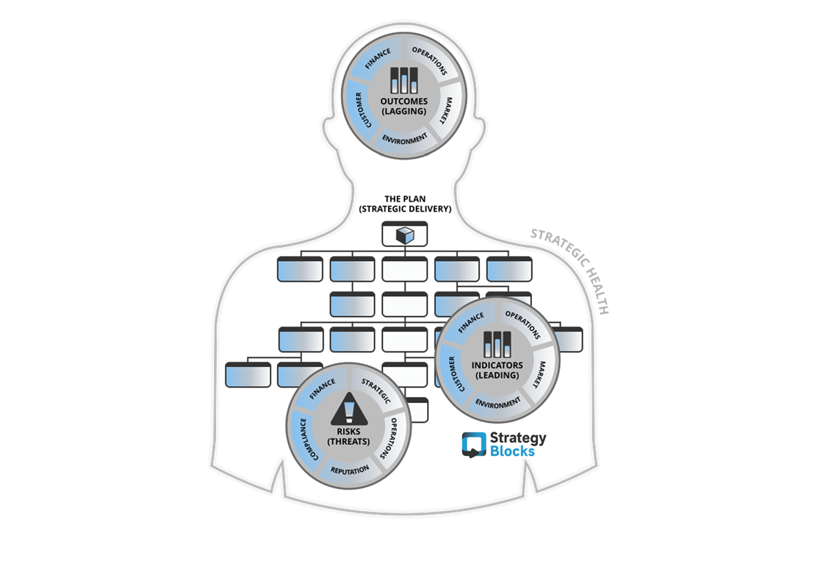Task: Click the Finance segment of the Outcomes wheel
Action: point(377,58)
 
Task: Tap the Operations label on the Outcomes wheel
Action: point(430,60)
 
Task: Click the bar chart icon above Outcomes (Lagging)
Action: point(404,81)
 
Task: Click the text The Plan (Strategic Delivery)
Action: point(405,204)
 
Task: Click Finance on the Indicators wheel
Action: point(470,323)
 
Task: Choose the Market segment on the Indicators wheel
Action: point(541,374)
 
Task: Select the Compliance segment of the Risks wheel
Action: point(306,440)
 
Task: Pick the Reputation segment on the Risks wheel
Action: point(350,471)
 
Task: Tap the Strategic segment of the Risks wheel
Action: point(376,390)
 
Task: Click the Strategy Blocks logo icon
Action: point(474,445)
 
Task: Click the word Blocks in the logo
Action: point(512,451)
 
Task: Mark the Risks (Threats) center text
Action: point(349,437)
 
